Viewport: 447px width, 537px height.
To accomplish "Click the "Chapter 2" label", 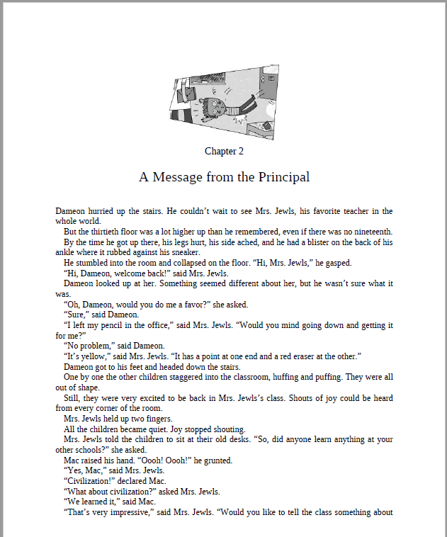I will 224,151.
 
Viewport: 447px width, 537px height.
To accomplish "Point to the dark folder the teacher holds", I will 191,89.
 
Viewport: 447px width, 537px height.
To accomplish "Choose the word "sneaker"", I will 184,253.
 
